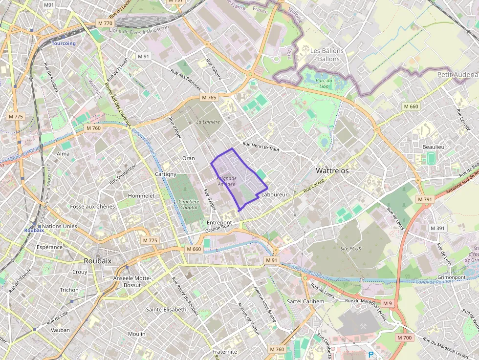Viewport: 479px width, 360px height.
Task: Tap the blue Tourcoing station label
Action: pyautogui.click(x=64, y=43)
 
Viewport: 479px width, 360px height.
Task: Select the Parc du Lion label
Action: pyautogui.click(x=324, y=83)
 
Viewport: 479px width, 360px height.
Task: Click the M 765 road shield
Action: pyautogui.click(x=209, y=98)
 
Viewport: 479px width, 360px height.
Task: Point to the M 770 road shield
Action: pyautogui.click(x=105, y=23)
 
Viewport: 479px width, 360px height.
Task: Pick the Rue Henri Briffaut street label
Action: pyautogui.click(x=261, y=147)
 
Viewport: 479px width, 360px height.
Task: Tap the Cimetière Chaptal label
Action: pyautogui.click(x=189, y=205)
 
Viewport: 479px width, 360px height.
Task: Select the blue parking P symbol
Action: pyautogui.click(x=370, y=355)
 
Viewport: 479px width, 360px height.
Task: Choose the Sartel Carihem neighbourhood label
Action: pyautogui.click(x=305, y=301)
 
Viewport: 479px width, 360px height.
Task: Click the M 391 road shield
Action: pyautogui.click(x=437, y=229)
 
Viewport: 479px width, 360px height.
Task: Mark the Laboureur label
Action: pyautogui.click(x=274, y=194)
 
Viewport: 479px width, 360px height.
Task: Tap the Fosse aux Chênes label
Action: pyautogui.click(x=92, y=207)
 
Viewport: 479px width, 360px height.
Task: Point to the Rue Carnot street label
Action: pyautogui.click(x=314, y=185)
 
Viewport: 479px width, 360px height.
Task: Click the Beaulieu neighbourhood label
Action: pyautogui.click(x=434, y=147)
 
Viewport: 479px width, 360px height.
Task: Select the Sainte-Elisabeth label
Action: pyautogui.click(x=166, y=310)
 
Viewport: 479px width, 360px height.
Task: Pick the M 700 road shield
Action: pyautogui.click(x=404, y=338)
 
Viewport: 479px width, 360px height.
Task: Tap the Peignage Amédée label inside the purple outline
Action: pyautogui.click(x=226, y=181)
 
